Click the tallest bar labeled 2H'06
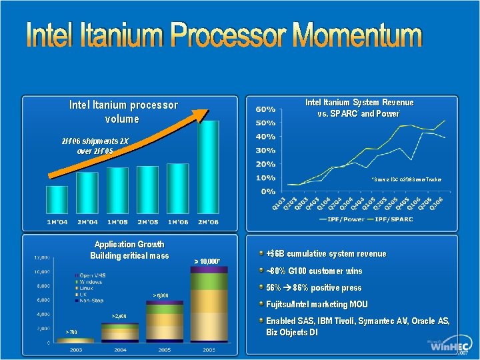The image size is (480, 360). tap(208, 170)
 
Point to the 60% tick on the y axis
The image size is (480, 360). tap(266, 109)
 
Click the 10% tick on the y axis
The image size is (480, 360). tap(266, 177)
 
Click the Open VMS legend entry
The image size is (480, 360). tap(93, 275)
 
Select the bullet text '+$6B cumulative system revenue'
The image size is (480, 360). tap(325, 254)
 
